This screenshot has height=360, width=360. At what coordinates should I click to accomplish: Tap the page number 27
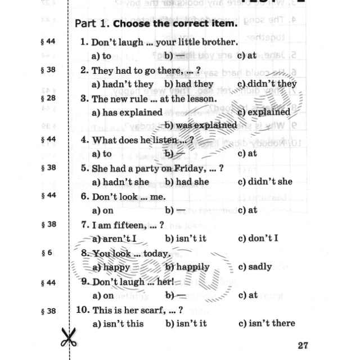click(303, 345)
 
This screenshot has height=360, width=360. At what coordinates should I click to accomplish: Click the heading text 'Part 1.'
click(92, 24)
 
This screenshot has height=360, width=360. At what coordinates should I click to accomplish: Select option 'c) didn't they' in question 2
click(267, 84)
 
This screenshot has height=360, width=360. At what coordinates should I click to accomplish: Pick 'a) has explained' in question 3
click(119, 112)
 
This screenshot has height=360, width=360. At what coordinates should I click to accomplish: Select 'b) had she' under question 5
click(187, 182)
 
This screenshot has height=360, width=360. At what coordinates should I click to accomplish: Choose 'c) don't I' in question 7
click(258, 238)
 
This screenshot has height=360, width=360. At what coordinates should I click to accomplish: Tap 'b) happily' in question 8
click(187, 267)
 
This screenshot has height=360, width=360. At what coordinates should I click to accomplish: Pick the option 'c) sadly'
click(255, 267)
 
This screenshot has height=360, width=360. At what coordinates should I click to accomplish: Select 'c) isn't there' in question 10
click(267, 323)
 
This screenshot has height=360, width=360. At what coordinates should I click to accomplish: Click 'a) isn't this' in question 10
click(117, 323)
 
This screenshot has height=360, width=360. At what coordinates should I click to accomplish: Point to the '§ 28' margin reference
click(49, 98)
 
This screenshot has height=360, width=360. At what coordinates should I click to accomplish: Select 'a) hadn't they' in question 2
click(122, 84)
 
